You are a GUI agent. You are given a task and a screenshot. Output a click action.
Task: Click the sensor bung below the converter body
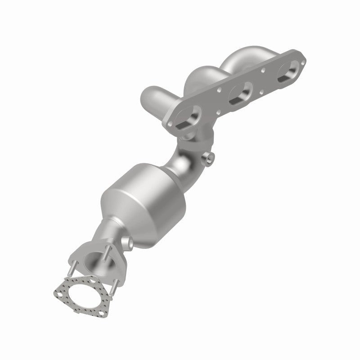tap(129, 243)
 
